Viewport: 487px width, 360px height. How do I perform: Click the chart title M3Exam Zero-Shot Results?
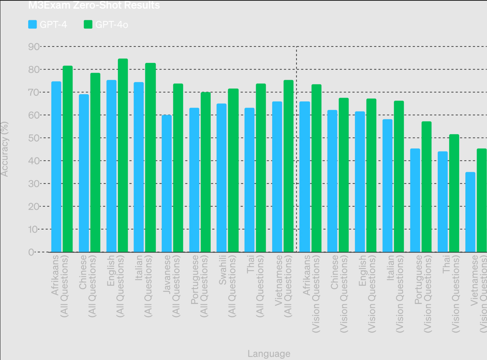tap(94, 5)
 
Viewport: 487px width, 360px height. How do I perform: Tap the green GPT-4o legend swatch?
tap(88, 25)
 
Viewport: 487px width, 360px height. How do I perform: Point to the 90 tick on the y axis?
tap(34, 47)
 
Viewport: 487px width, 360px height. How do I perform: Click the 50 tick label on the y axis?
tap(34, 138)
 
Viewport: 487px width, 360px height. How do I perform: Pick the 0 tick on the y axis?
tap(31, 252)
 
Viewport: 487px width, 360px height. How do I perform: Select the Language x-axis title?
tap(269, 354)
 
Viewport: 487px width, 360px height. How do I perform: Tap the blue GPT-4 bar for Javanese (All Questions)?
tap(166, 183)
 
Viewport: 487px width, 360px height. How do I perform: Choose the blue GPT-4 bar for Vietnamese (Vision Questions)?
tap(470, 212)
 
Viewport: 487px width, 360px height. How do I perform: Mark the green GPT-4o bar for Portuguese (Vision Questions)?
tap(426, 187)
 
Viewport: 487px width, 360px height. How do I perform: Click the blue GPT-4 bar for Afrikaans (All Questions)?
tap(56, 167)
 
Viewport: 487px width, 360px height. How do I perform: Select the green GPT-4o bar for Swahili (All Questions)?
tap(233, 170)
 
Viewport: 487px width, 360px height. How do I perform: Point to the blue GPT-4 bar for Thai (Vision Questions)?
tap(443, 202)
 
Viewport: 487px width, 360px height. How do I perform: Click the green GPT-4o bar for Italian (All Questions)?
tap(150, 157)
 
